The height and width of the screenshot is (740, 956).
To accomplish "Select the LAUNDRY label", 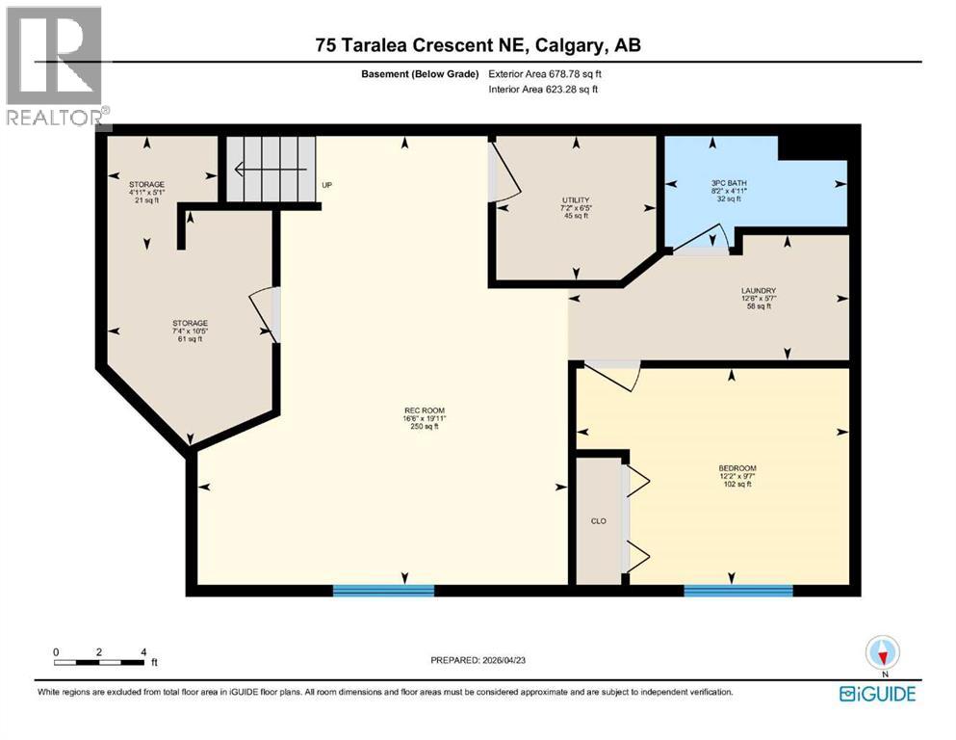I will (x=759, y=290).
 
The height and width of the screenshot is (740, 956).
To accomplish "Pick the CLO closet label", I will (x=597, y=521).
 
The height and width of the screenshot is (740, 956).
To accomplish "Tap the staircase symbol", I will (x=271, y=170).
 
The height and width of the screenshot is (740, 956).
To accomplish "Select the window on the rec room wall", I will (x=383, y=590).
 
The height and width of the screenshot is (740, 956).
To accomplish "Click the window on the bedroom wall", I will (x=737, y=590).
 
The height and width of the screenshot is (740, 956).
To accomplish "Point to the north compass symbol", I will (x=883, y=654).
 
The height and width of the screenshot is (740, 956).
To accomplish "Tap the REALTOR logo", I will (x=56, y=67).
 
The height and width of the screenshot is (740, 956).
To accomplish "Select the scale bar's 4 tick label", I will (x=143, y=651).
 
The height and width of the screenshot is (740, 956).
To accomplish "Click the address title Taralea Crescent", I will (x=478, y=44).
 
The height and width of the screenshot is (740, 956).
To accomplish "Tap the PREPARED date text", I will (x=492, y=660).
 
